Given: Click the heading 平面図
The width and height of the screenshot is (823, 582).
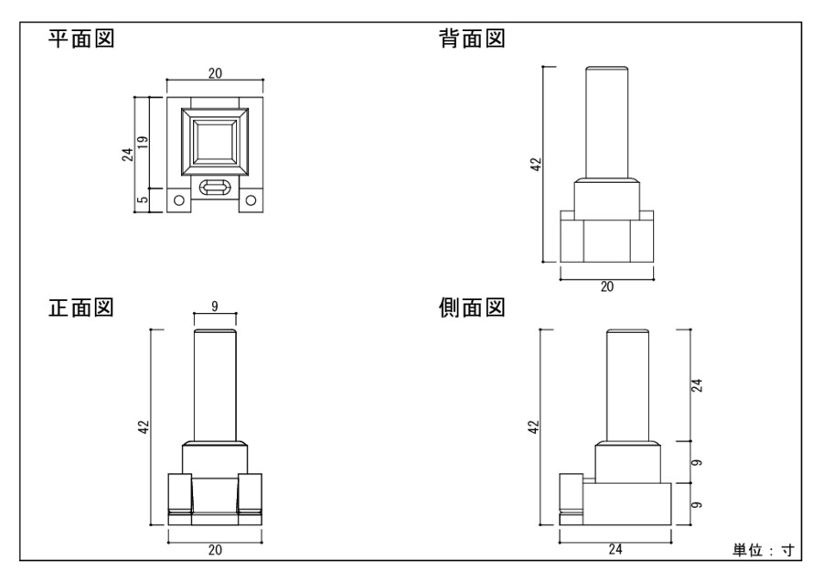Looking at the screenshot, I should coord(81,40).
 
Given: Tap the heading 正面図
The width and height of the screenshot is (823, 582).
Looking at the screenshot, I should coord(81,307).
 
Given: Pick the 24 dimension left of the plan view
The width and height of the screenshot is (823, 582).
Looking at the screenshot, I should coord(128,155).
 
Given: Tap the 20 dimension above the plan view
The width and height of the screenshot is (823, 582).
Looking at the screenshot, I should coord(214,73).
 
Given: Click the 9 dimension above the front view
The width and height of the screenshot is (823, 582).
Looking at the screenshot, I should coord(215,307).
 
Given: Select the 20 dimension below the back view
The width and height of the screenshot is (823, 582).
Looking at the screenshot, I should coord(607,286).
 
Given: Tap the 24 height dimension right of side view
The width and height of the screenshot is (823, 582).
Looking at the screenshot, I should coord(698,385).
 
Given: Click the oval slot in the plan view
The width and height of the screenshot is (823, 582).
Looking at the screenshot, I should coord(215,189).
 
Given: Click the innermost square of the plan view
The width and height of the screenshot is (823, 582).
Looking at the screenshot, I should coord(214,143).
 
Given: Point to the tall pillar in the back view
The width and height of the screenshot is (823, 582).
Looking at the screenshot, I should coord(607,124).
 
